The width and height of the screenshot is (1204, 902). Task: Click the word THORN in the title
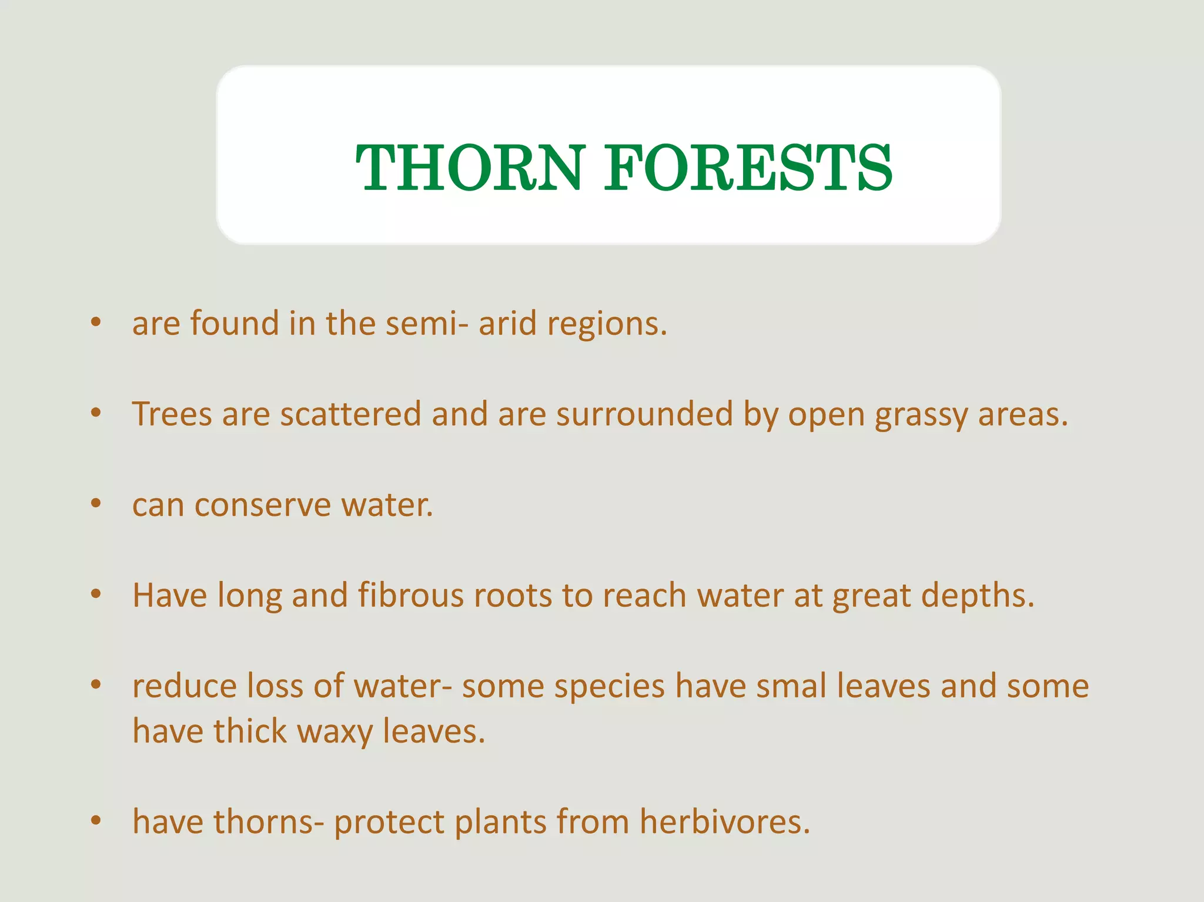(x=469, y=168)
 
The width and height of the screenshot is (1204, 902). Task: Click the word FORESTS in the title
(x=748, y=168)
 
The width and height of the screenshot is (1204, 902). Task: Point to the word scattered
(x=350, y=414)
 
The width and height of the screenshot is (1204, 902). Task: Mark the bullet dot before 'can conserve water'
(x=96, y=504)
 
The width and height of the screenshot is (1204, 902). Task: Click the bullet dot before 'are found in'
(x=96, y=322)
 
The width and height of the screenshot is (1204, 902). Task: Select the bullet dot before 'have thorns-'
(x=96, y=820)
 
